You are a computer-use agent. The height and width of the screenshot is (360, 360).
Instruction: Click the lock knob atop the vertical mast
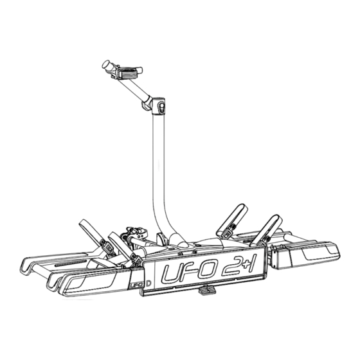coord(161,107)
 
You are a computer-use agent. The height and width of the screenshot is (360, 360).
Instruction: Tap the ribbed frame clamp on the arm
coord(128,72)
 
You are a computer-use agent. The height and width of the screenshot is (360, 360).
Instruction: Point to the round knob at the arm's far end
coord(106,64)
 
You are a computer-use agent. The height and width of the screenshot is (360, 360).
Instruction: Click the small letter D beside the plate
coord(148,283)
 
